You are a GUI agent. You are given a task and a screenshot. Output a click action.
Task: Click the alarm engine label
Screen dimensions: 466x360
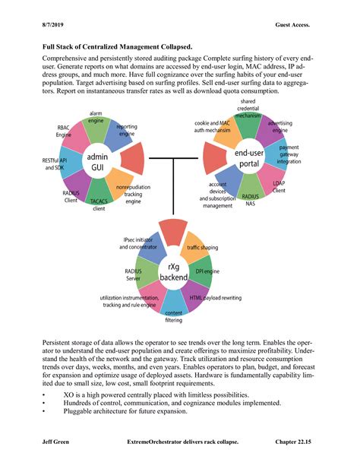click(96, 117)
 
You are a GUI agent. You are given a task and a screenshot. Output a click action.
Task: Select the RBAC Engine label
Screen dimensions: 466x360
click(64, 131)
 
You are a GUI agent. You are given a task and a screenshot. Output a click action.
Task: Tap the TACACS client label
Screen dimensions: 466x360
click(99, 204)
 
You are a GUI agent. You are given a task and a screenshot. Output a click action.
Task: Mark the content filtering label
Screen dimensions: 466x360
click(173, 317)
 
